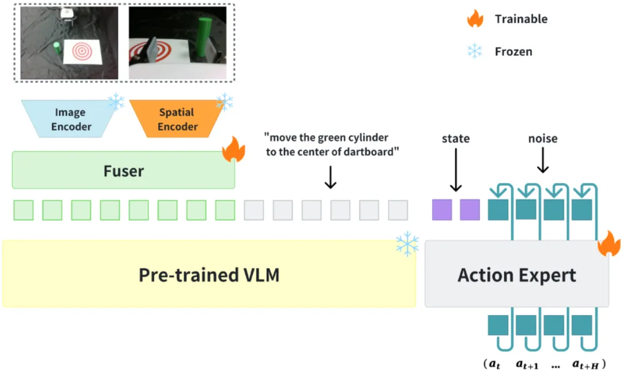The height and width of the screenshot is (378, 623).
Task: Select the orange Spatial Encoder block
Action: [177, 119]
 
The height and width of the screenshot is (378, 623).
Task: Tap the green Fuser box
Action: [123, 170]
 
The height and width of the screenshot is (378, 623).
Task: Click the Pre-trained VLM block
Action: [209, 274]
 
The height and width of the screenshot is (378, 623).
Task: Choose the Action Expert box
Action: [516, 275]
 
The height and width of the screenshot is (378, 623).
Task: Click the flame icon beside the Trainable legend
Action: [475, 19]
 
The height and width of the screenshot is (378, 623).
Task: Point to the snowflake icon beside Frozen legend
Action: [475, 51]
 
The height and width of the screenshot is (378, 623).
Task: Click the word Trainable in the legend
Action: [521, 19]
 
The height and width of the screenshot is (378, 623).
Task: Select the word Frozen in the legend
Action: [513, 51]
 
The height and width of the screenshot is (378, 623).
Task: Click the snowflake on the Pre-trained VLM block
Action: [407, 245]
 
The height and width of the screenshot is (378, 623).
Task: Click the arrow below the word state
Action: [456, 170]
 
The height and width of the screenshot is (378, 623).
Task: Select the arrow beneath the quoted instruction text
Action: [330, 177]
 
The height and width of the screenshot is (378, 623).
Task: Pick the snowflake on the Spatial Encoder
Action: [224, 102]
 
